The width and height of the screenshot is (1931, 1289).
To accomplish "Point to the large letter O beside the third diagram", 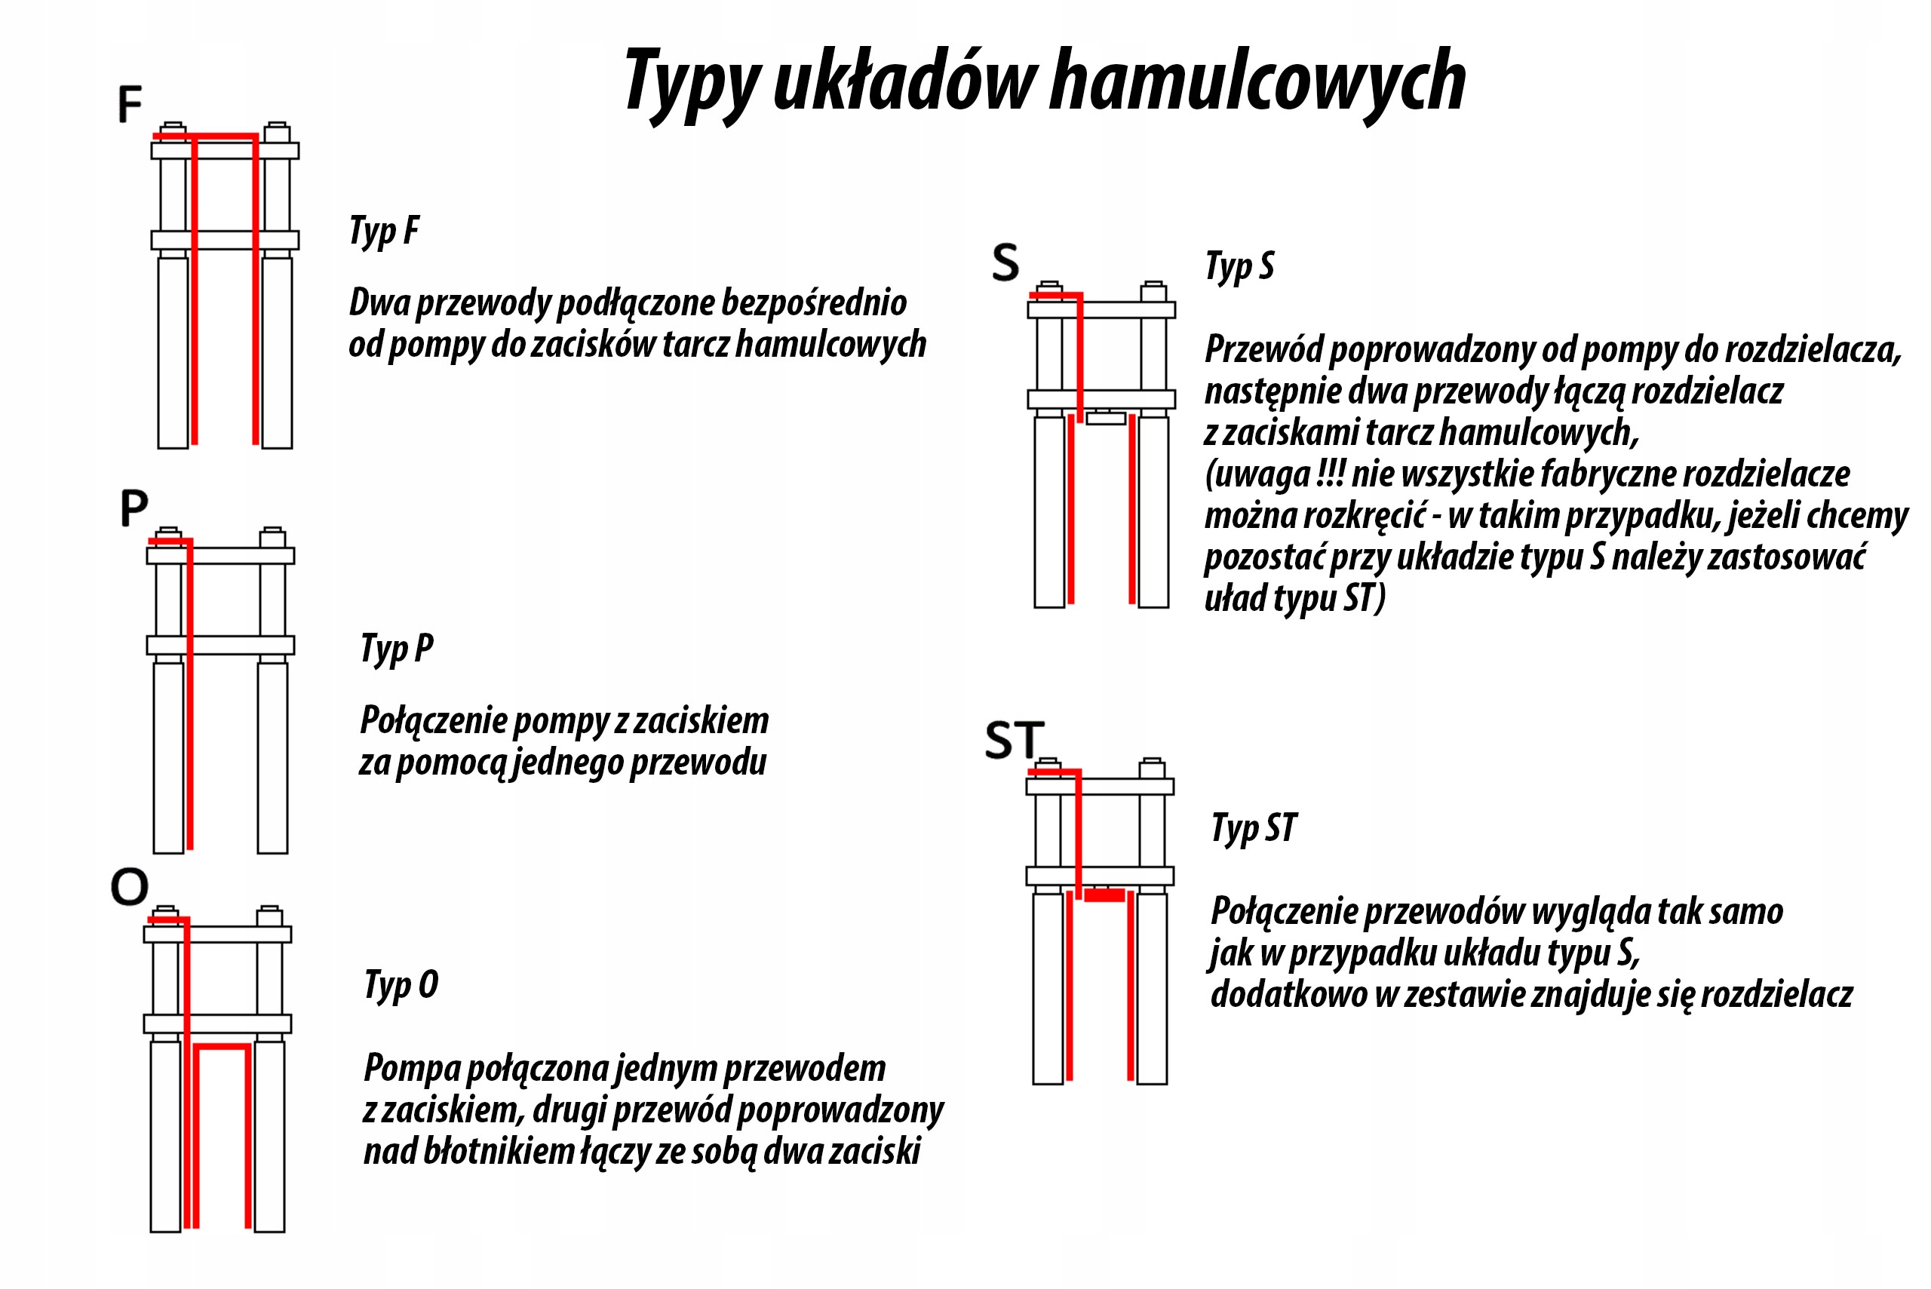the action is [x=130, y=886].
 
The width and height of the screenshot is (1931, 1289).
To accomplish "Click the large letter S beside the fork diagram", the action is [x=1005, y=263].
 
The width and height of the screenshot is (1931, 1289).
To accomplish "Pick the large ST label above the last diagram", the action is [x=1015, y=740].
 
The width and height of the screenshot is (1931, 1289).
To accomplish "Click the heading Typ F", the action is [x=384, y=231].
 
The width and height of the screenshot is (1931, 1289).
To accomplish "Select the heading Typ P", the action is [x=396, y=649].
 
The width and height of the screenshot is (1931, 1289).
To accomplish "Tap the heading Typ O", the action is [x=401, y=984].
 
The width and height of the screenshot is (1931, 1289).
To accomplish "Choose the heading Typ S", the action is [x=1239, y=266].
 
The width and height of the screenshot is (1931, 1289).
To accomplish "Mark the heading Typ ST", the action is [x=1254, y=828].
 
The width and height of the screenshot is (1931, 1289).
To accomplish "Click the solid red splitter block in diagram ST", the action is [x=1104, y=895].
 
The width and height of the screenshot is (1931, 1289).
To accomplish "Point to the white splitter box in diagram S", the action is [x=1106, y=419].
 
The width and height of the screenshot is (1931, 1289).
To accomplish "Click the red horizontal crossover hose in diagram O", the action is [x=222, y=1046].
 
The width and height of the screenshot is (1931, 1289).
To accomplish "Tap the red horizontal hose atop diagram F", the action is [x=205, y=136].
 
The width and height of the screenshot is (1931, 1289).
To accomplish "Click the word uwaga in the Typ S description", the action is [x=1263, y=474].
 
